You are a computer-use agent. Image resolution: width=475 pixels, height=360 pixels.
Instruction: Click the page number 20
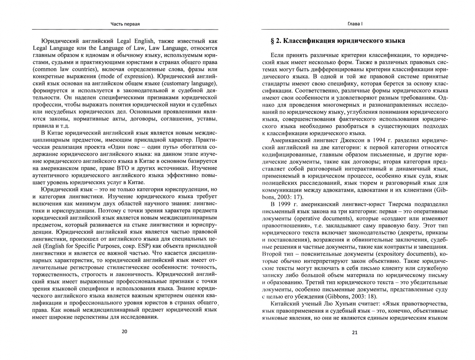[124, 332]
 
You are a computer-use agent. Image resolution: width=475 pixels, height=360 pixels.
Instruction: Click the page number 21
[354, 332]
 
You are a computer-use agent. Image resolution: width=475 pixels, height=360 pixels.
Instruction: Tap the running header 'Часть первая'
[125, 24]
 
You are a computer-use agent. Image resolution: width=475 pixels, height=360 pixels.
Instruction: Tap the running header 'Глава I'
[354, 24]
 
